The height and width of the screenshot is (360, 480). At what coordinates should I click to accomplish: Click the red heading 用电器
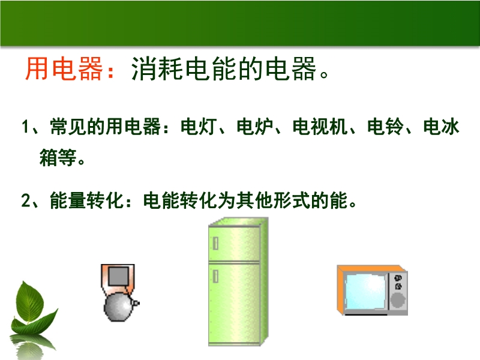click(x=64, y=69)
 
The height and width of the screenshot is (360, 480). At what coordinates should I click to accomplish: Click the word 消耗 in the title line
click(x=157, y=69)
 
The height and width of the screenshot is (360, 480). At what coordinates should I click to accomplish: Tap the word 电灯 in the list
click(x=199, y=127)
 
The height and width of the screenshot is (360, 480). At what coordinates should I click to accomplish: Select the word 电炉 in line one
click(x=255, y=127)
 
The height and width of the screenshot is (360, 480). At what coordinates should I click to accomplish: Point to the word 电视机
click(x=320, y=127)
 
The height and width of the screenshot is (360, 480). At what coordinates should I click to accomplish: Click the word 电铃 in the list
click(x=386, y=127)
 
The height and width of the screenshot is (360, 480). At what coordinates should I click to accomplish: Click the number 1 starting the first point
click(x=26, y=127)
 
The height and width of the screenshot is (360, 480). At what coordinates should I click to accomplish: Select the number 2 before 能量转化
click(x=26, y=201)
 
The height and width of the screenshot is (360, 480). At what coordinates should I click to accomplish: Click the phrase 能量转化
click(x=87, y=200)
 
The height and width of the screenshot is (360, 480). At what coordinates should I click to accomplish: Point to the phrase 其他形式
click(x=274, y=200)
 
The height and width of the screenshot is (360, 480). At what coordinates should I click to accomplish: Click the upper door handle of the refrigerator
click(x=215, y=244)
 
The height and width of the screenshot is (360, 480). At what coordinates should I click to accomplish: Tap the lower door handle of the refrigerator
click(x=215, y=276)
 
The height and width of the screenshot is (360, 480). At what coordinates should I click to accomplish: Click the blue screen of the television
click(x=365, y=292)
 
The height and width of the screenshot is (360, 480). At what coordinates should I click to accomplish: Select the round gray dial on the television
click(x=398, y=300)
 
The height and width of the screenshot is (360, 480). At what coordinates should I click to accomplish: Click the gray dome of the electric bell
click(x=119, y=307)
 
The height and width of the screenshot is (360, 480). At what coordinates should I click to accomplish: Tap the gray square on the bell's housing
click(x=118, y=277)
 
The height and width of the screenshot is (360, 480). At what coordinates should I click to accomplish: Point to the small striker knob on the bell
click(x=136, y=303)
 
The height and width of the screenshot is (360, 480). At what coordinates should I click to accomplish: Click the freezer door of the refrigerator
click(x=234, y=244)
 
